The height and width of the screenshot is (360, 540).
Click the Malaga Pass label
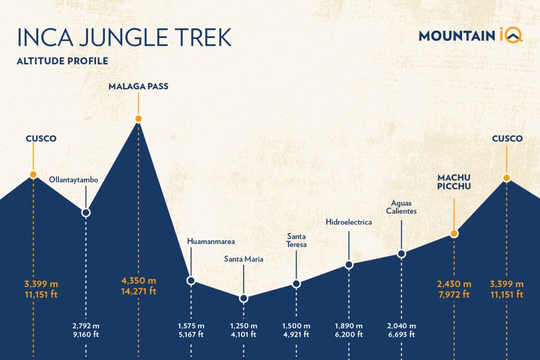click(138, 86)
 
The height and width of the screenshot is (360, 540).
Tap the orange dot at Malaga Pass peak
click(138, 119)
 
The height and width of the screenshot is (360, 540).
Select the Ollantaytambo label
click(74, 180)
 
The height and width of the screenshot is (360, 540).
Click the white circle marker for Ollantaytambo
click(86, 212)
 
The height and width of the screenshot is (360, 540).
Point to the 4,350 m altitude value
click(139, 280)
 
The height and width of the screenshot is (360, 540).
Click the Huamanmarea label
click(211, 241)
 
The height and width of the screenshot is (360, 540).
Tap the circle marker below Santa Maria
click(243, 298)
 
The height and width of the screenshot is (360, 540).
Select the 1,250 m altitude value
click(244, 325)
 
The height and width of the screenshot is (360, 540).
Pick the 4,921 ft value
click(296, 334)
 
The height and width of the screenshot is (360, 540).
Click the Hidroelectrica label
click(349, 222)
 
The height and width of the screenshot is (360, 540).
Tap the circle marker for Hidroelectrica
click(349, 265)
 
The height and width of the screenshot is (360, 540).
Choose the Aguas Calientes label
click(404, 207)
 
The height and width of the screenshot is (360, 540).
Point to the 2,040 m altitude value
click(402, 325)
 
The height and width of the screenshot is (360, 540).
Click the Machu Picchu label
click(454, 182)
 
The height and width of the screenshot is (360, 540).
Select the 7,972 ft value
click(454, 294)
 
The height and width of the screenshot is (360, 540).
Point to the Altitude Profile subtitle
click(62, 61)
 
